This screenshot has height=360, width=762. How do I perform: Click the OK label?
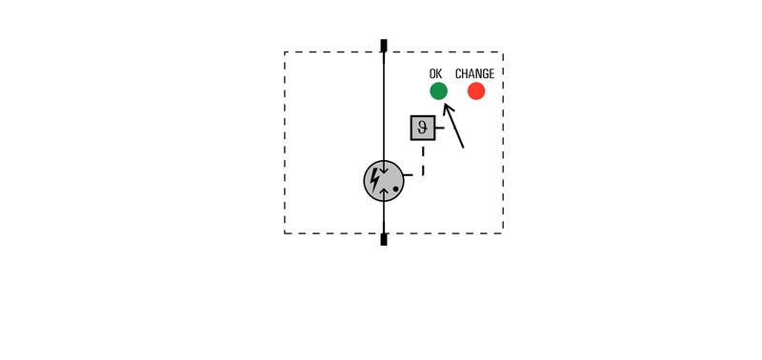tap(436, 73)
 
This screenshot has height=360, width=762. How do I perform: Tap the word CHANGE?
tap(474, 73)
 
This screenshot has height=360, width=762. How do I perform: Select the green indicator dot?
tap(438, 91)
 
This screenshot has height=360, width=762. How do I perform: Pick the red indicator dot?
tap(476, 91)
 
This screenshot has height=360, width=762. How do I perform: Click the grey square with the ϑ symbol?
tap(423, 128)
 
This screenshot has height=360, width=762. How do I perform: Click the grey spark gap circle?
tap(384, 181)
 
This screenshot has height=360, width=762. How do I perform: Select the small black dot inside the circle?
tap(395, 189)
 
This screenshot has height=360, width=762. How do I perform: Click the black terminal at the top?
tap(384, 45)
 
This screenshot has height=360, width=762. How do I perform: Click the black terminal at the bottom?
tap(384, 239)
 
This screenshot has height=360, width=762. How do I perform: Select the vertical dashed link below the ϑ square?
tap(423, 159)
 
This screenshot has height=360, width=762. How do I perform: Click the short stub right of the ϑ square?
tap(439, 129)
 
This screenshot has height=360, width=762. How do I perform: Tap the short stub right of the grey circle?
tap(409, 176)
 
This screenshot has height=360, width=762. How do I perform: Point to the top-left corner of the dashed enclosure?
tap(285, 52)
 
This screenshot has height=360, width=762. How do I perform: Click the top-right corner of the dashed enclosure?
tap(503, 52)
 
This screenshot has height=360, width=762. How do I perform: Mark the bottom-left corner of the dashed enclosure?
tap(285, 232)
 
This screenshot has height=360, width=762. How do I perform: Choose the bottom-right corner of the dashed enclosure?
tap(503, 232)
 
